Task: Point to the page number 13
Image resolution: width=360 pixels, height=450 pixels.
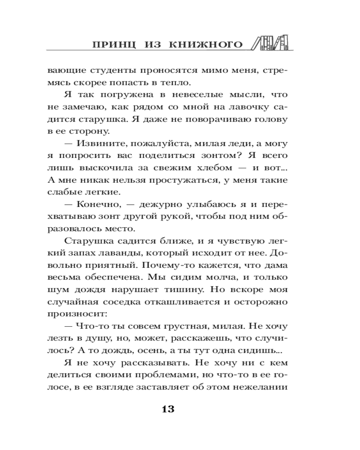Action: click(x=167, y=409)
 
